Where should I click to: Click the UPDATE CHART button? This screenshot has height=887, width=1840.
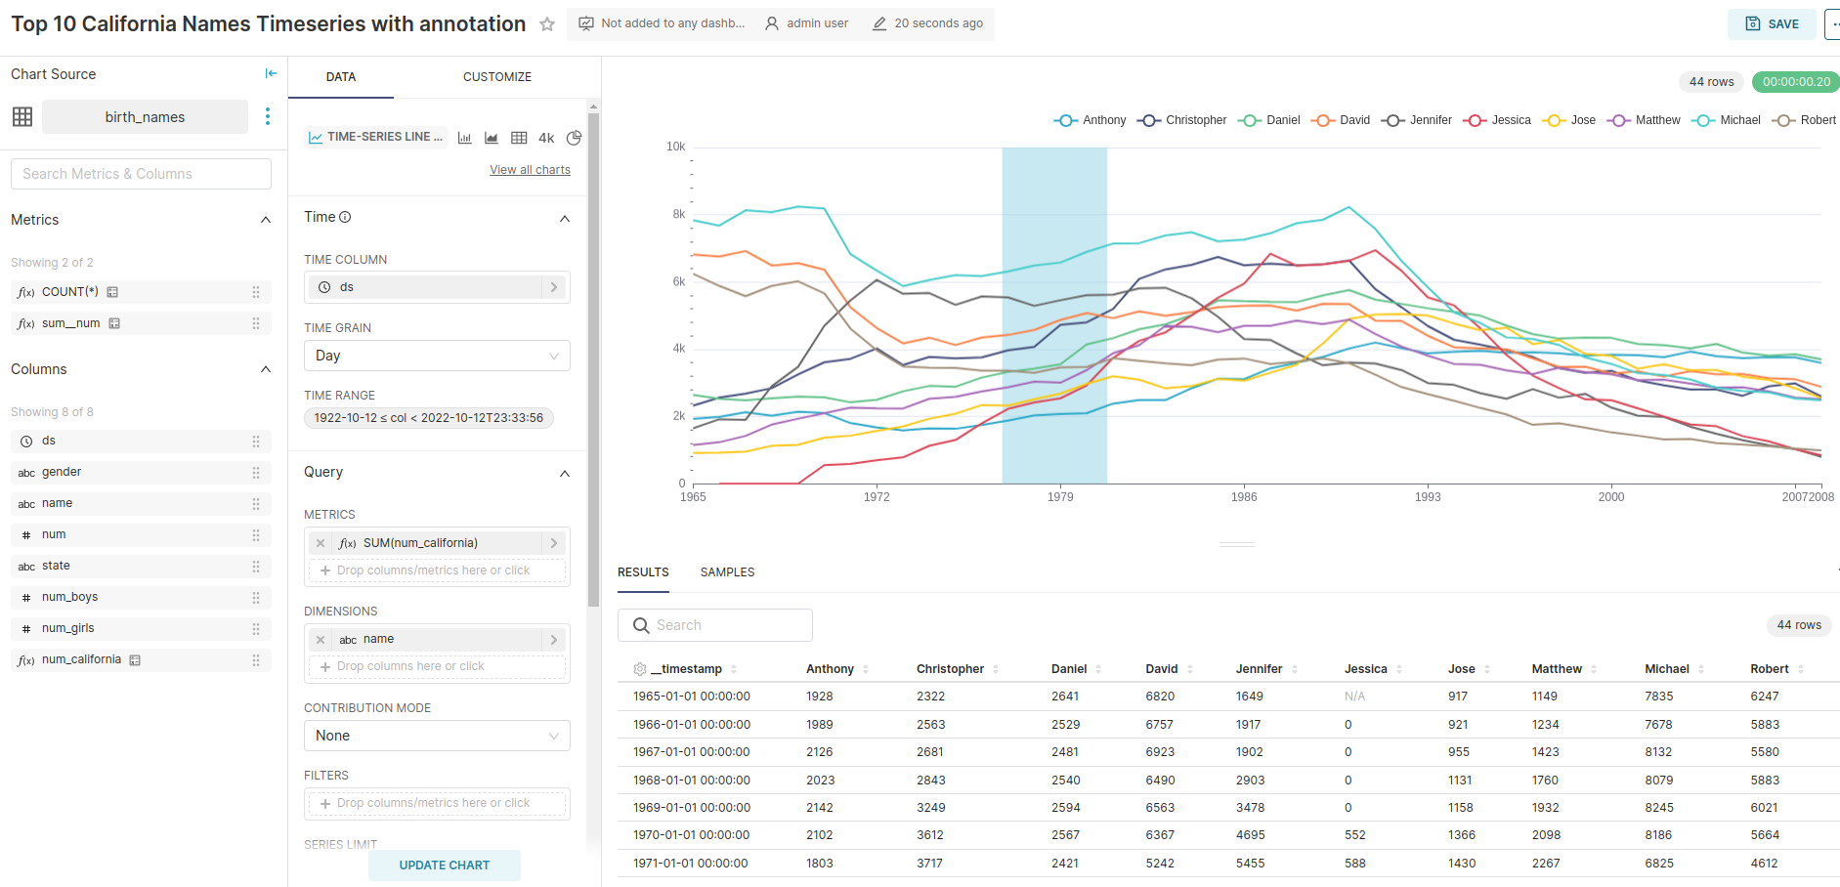tap(444, 866)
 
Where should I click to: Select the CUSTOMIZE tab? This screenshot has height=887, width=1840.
tap(496, 77)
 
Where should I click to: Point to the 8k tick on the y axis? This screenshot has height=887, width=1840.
tap(678, 214)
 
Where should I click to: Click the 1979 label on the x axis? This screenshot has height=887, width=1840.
tap(1060, 497)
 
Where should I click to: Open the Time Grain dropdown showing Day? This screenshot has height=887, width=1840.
tap(436, 356)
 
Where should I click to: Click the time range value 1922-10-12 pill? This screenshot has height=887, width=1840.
tap(428, 418)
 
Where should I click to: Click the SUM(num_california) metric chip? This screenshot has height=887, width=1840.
tap(420, 543)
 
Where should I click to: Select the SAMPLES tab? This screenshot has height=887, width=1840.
tap(727, 572)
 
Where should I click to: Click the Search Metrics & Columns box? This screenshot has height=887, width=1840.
tap(141, 174)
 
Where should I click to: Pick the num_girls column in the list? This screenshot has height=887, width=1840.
tap(68, 628)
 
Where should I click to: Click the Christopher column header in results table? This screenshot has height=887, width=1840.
tap(949, 669)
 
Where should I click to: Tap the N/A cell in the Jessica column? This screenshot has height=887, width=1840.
tap(1354, 697)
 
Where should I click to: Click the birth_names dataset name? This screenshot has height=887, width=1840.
tap(145, 117)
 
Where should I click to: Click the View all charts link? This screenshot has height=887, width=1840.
tap(530, 170)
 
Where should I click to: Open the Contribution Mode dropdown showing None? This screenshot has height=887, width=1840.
tap(436, 736)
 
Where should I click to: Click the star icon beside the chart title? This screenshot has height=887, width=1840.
tap(547, 24)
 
